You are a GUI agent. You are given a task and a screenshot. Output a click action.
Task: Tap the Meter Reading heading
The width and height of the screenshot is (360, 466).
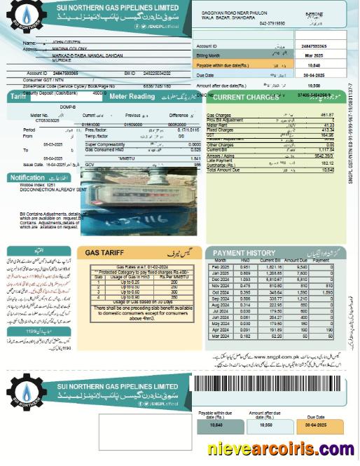point(132,97)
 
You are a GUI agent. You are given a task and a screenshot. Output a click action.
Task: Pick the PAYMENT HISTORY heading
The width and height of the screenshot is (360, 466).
point(244,252)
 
